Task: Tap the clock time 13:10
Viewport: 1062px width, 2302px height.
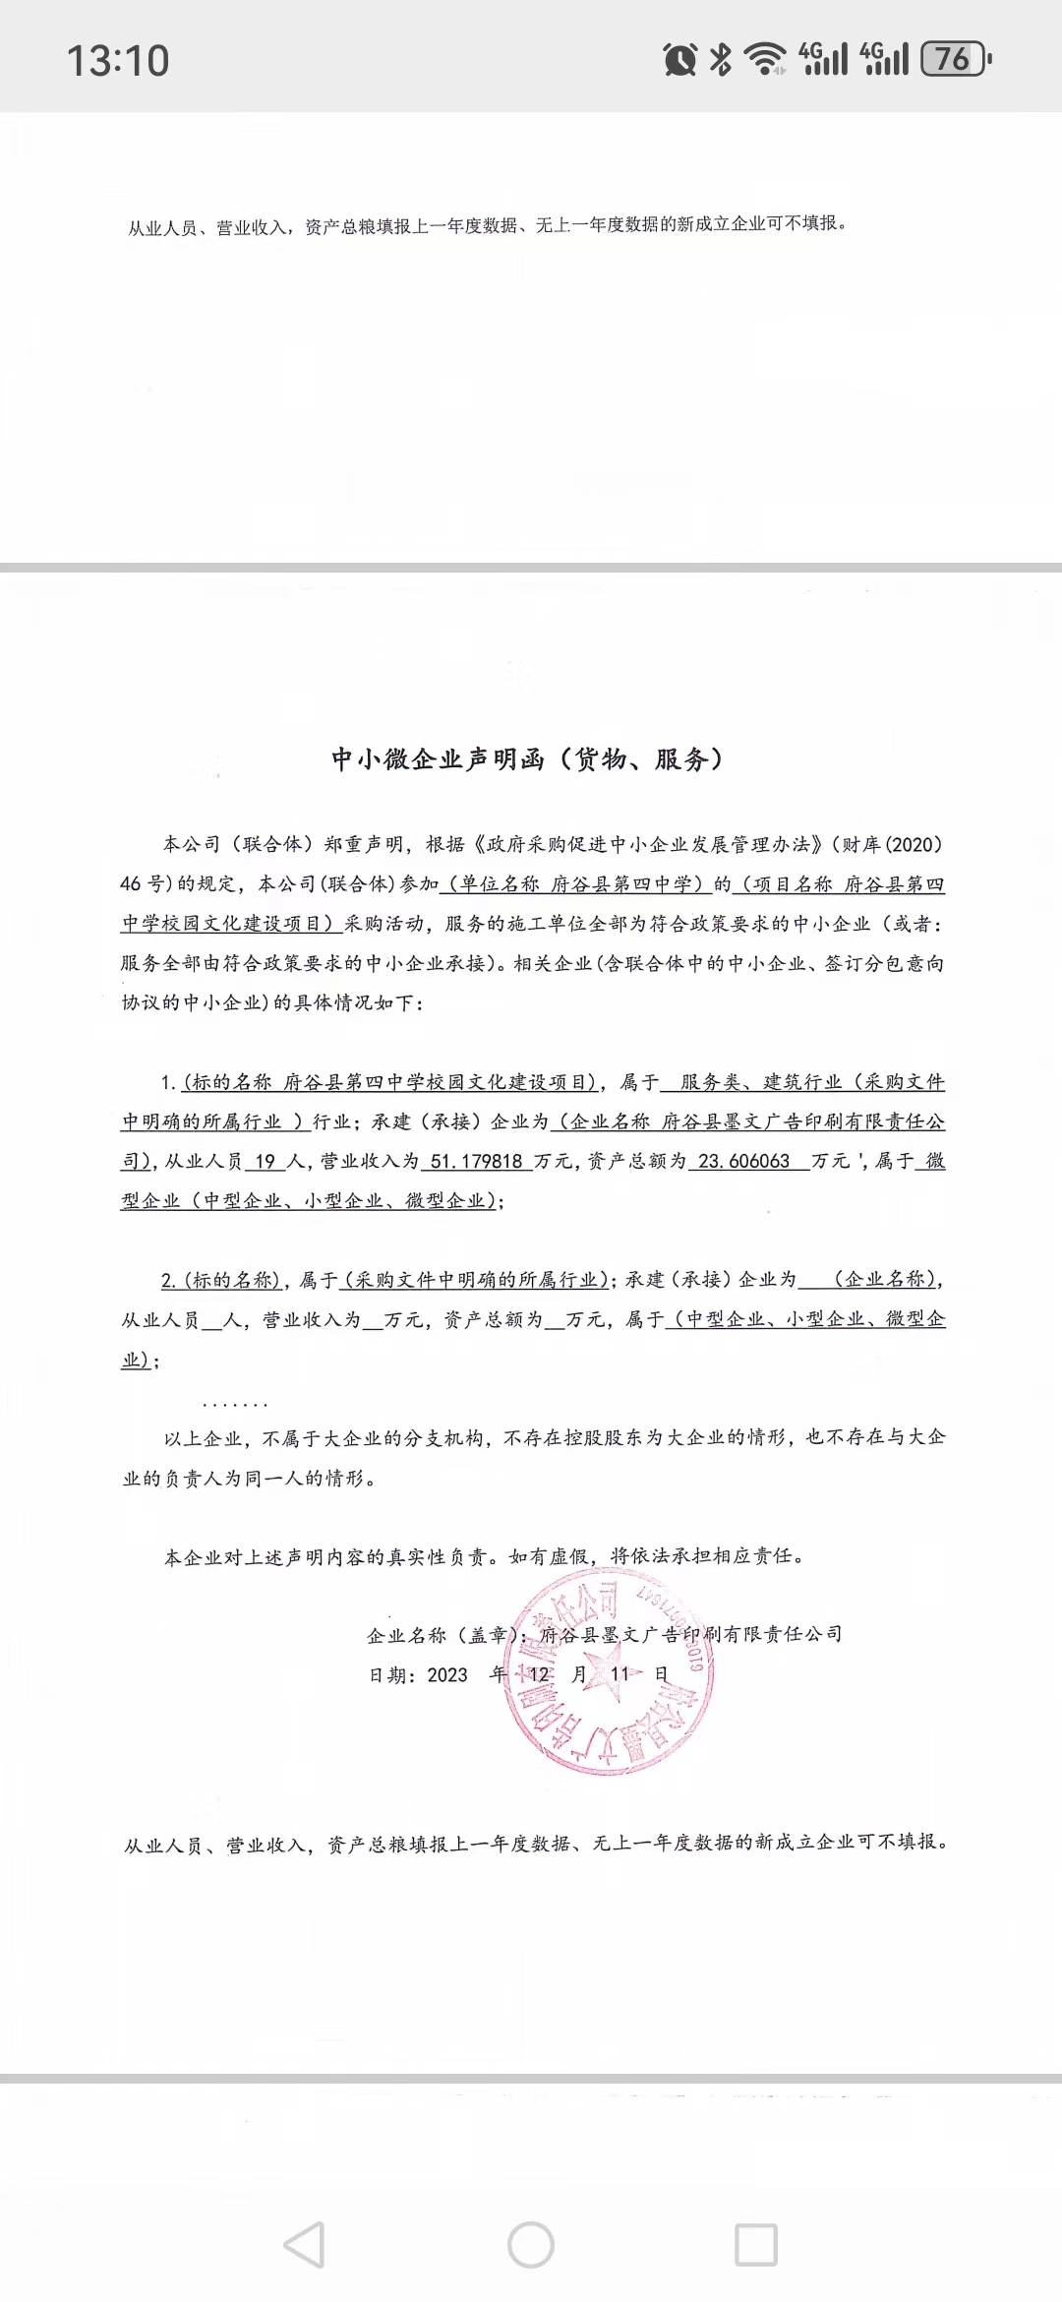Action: coord(118,61)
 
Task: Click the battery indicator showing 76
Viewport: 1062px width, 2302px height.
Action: coord(955,59)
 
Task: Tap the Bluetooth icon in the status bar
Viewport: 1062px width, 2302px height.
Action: coord(721,59)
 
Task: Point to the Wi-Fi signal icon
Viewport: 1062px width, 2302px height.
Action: coord(764,59)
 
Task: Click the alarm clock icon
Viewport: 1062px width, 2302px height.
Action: coord(679,60)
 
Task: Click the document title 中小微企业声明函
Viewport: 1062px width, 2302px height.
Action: coord(438,759)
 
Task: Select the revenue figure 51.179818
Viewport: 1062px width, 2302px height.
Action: coord(477,1161)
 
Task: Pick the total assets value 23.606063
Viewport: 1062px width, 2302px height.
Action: coord(744,1161)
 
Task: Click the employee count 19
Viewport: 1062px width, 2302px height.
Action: coord(265,1161)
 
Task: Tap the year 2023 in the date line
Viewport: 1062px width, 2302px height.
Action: coord(447,1675)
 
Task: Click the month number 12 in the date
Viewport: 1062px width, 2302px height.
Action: coord(540,1674)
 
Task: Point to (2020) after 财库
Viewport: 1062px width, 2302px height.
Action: coord(914,844)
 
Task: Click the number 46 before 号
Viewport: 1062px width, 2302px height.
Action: coord(131,883)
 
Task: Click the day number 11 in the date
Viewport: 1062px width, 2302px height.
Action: coord(619,1674)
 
